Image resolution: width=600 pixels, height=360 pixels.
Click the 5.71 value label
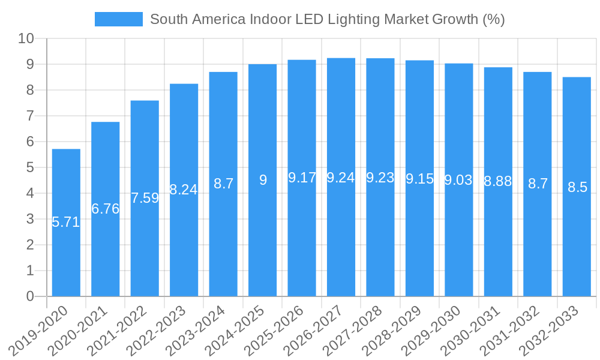pyautogui.click(x=66, y=222)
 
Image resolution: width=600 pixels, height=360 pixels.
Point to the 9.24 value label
pyautogui.click(x=341, y=178)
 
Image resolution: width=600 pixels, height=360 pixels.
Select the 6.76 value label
pyautogui.click(x=106, y=209)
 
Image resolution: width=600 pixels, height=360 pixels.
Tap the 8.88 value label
pyautogui.click(x=498, y=181)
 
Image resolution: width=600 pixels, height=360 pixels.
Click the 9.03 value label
pyautogui.click(x=458, y=180)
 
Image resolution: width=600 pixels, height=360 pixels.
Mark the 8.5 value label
pyautogui.click(x=577, y=187)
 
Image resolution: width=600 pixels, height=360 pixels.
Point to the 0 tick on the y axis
pyautogui.click(x=30, y=296)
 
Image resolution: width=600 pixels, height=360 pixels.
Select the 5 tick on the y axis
pyautogui.click(x=30, y=167)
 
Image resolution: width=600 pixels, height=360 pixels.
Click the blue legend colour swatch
pyautogui.click(x=119, y=19)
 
